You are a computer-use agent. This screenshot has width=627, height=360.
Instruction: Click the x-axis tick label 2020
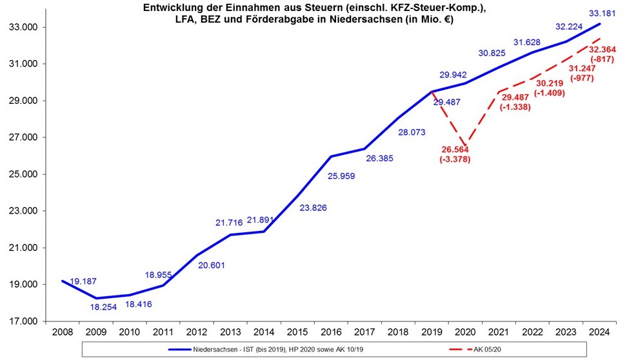465,333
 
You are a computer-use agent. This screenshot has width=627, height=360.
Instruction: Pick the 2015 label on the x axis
297,333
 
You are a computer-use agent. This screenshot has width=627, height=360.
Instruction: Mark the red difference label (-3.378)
455,159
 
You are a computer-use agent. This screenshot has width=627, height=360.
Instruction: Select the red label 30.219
550,83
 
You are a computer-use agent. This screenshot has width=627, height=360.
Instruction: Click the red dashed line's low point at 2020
465,145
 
